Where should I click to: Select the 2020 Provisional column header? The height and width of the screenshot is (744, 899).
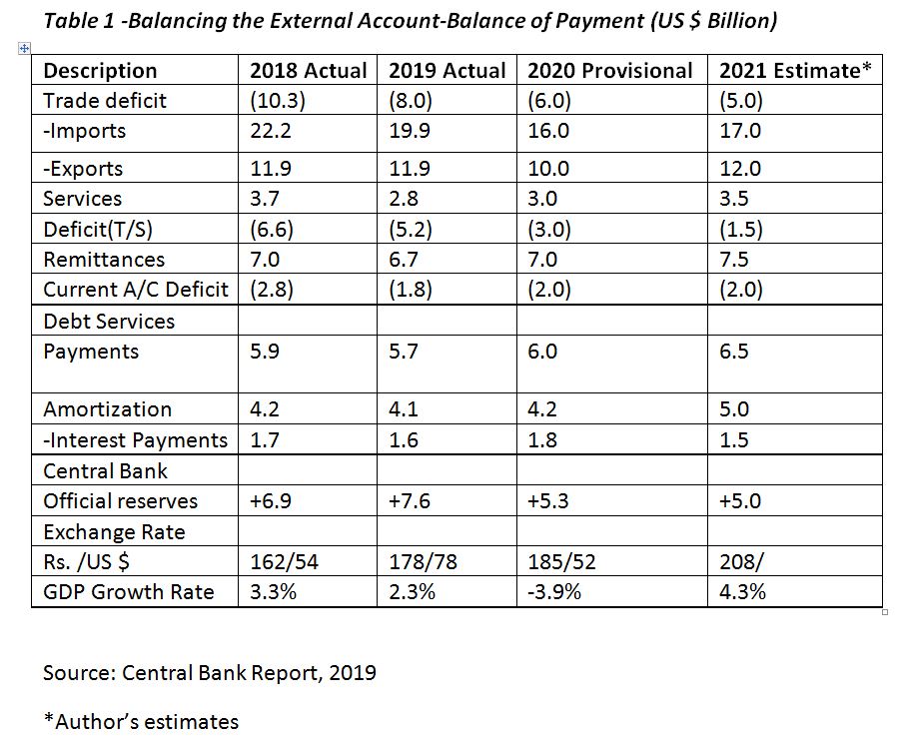coord(609,70)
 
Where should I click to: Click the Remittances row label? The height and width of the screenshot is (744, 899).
coord(104,260)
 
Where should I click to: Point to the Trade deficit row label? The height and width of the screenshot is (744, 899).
coord(105,100)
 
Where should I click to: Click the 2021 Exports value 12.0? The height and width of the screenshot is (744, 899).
coord(740,169)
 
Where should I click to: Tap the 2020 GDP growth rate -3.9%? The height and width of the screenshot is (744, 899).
coord(554,591)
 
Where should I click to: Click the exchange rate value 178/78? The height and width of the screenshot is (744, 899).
coord(423,561)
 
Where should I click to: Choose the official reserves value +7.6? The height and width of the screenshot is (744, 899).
coord(409,501)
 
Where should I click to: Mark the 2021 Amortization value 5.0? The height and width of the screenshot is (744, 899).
coord(734,409)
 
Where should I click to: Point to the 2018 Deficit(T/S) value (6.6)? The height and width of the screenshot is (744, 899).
coord(271,230)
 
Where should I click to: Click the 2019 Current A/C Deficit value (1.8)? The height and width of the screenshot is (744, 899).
coord(410,290)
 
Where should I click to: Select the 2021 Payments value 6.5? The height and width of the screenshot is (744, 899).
coord(734,352)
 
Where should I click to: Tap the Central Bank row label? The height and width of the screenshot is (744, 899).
coord(105,471)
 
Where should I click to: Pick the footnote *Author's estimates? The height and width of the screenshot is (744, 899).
coord(141,721)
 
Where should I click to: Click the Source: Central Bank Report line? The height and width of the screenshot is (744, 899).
coord(210,672)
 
